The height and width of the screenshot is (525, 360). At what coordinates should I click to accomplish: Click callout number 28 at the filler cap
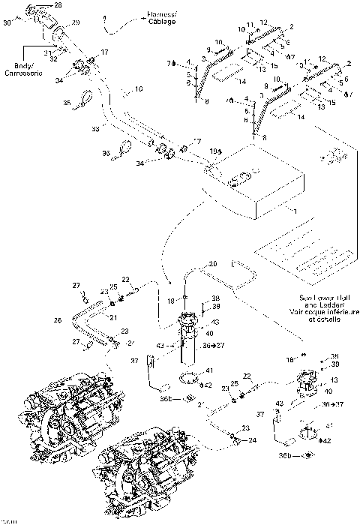pos(59,5)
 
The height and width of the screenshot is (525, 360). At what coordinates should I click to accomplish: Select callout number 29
pos(75,24)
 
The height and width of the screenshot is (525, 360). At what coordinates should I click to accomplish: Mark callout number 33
pos(95,130)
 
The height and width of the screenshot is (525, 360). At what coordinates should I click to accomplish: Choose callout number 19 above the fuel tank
pos(213,151)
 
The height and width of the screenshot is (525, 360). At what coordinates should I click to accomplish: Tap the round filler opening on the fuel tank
pos(243,179)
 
